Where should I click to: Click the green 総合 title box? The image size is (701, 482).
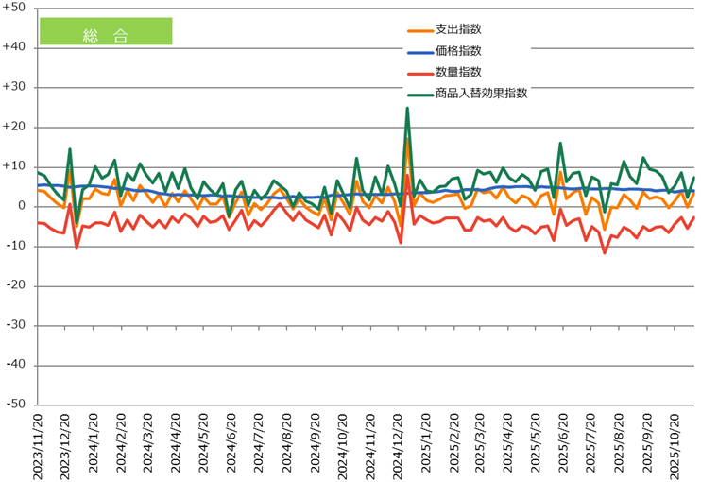tap(105, 31)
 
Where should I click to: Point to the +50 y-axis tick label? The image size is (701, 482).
tap(16, 8)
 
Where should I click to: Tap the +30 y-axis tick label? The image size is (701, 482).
tap(16, 87)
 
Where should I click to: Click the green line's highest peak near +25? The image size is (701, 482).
tap(407, 108)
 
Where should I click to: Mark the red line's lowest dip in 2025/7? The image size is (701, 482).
tap(605, 252)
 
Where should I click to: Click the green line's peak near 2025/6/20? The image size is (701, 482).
tap(560, 144)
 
